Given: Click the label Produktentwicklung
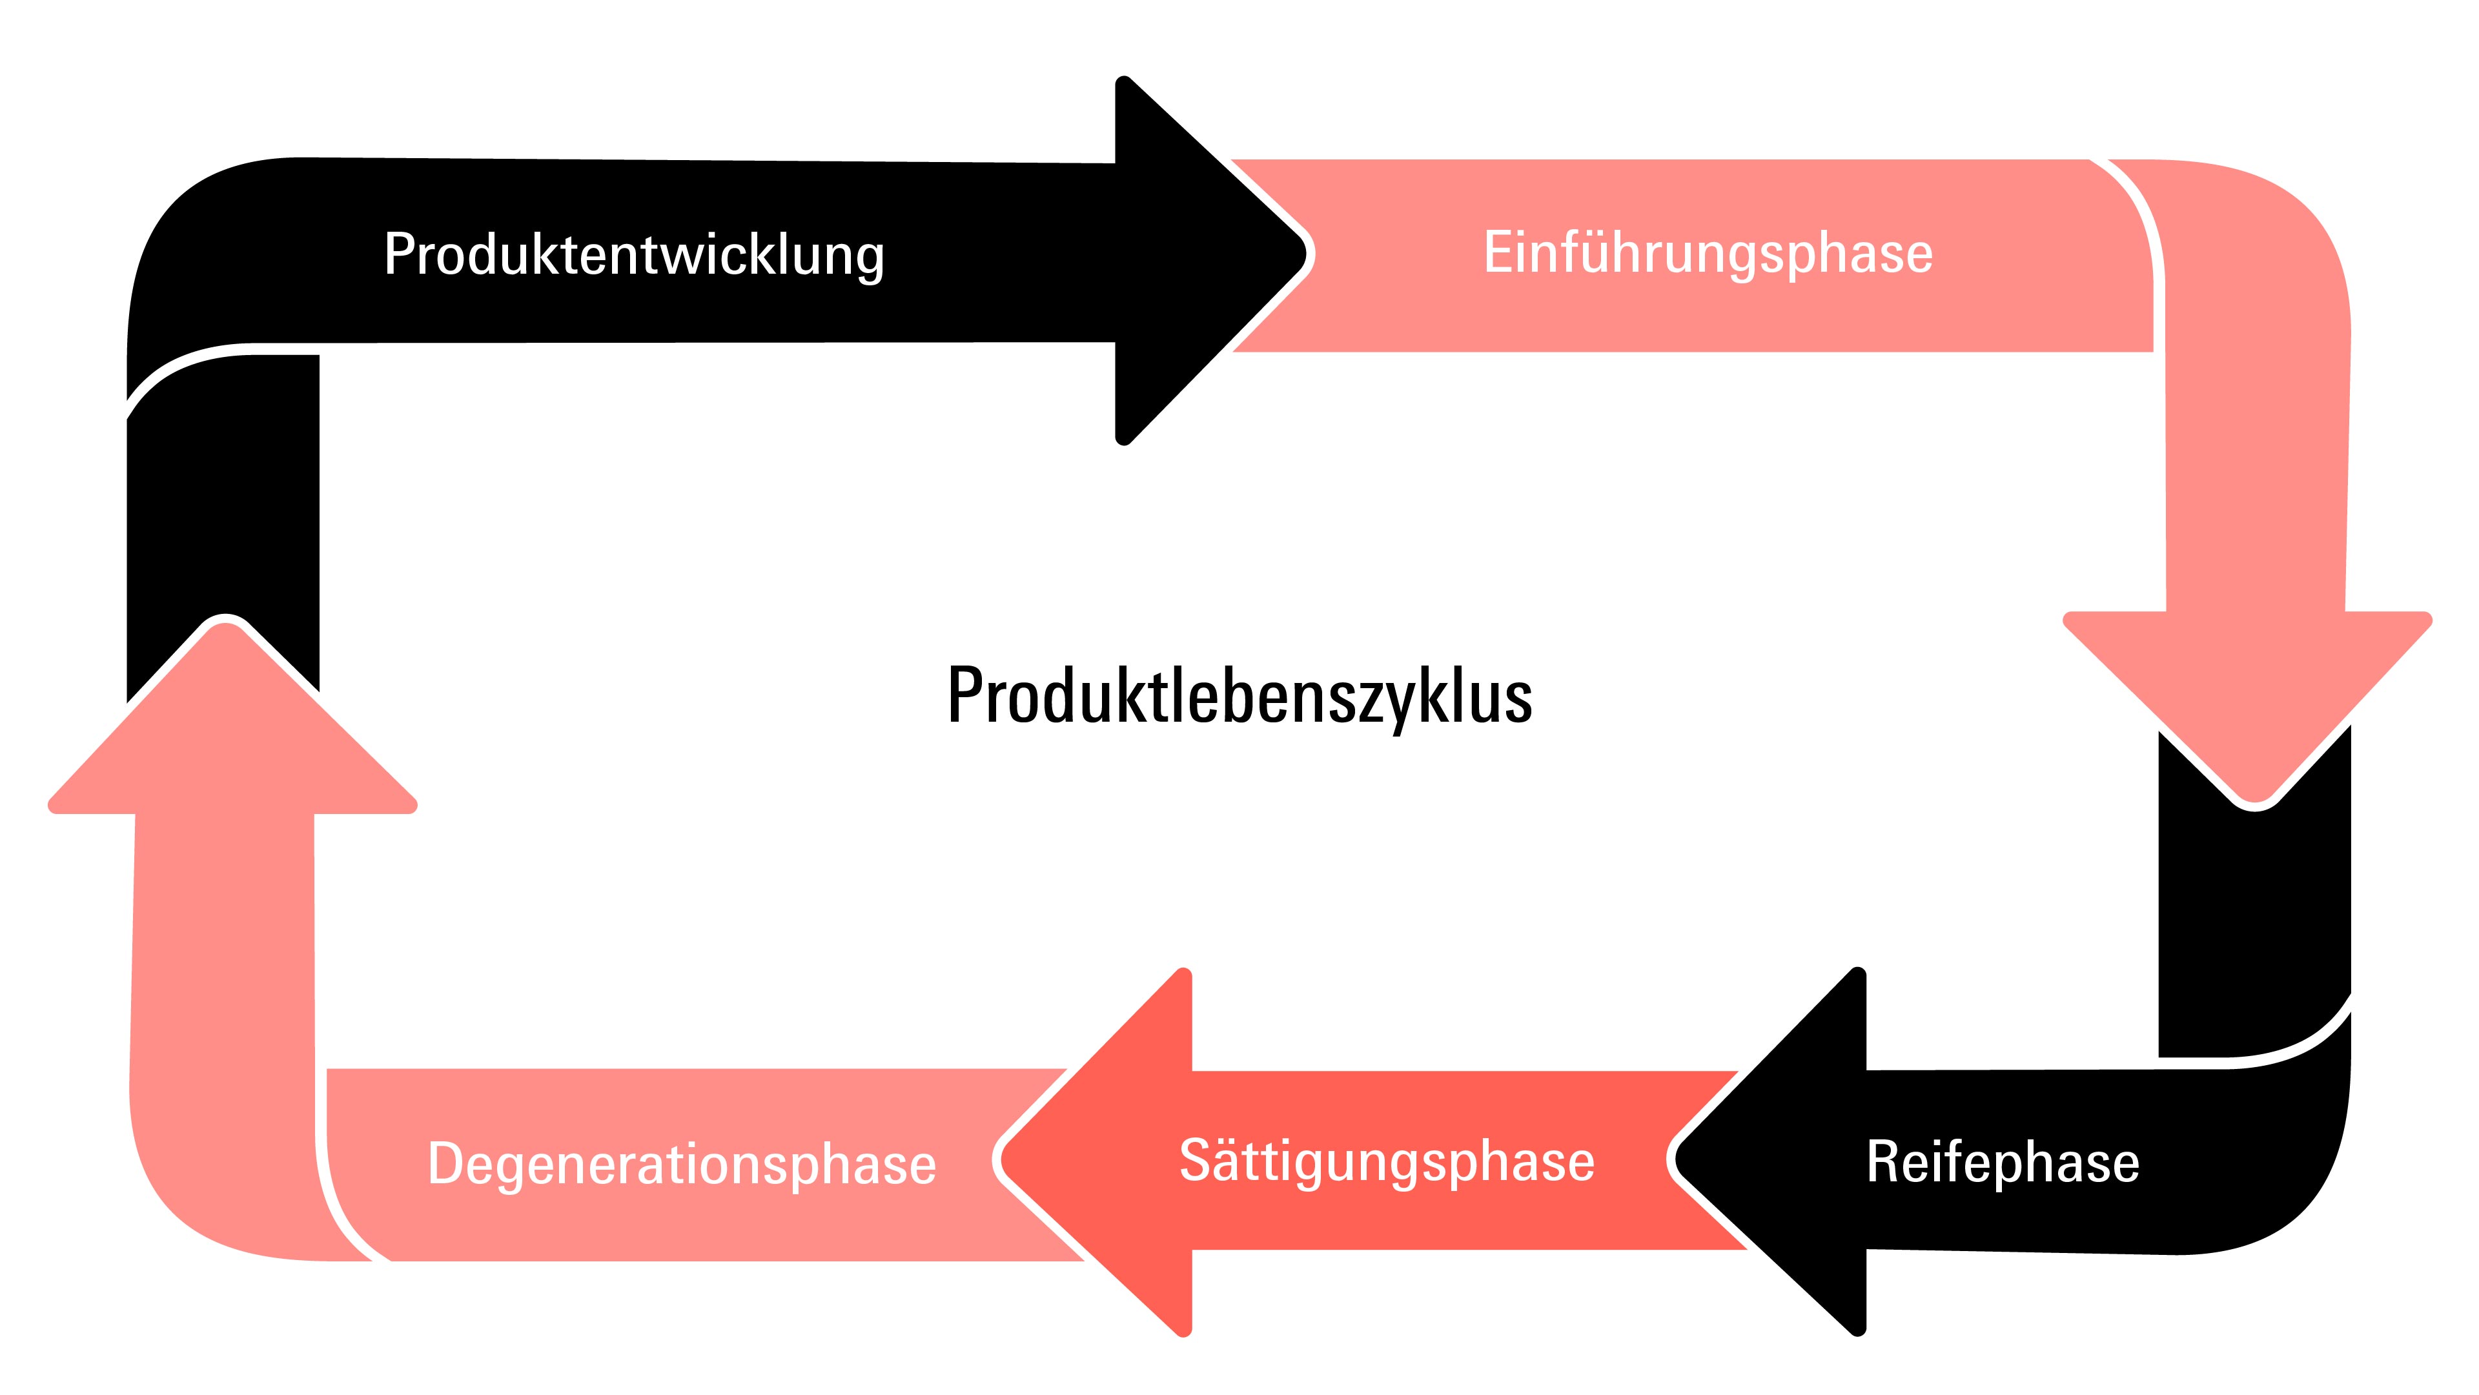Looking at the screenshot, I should click(633, 255).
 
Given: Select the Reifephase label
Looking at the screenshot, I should click(2002, 1162).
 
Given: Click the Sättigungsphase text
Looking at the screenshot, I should click(1386, 1161).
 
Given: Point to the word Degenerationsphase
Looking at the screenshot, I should click(681, 1164).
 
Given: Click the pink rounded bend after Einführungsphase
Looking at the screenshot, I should click(2242, 250).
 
